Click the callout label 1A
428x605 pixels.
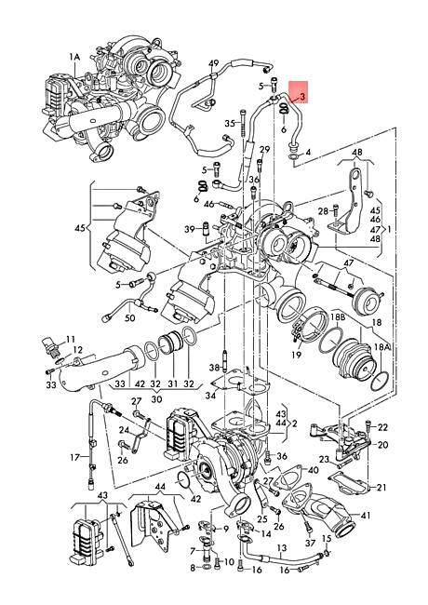click(74, 57)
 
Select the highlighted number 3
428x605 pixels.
click(302, 97)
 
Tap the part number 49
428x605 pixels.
click(213, 63)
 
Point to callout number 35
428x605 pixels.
click(230, 124)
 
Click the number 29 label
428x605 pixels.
click(264, 149)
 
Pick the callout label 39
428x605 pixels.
click(189, 229)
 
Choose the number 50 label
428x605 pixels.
click(130, 318)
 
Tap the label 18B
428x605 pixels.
click(338, 317)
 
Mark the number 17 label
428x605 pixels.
click(75, 458)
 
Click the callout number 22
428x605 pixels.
click(382, 427)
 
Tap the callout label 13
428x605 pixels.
click(282, 548)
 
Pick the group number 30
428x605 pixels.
click(156, 399)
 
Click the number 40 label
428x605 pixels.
click(314, 470)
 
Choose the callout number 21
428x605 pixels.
click(381, 488)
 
